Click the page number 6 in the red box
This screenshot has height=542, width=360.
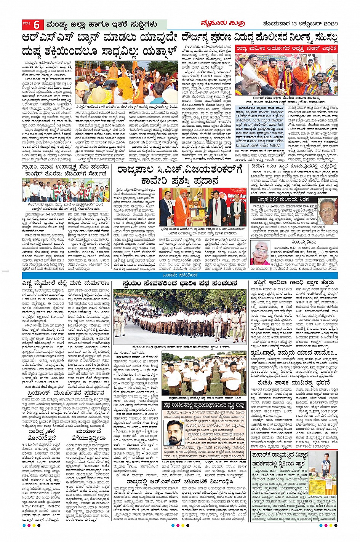pos(37,24)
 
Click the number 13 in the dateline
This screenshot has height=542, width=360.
pos(291,24)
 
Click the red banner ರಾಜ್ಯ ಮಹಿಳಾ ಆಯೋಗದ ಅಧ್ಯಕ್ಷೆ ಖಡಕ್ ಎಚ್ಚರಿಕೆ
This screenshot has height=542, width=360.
pos(286,49)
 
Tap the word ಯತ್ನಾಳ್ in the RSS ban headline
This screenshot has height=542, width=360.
pos(156,51)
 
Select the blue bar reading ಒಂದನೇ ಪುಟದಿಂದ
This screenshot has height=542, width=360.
pos(180,275)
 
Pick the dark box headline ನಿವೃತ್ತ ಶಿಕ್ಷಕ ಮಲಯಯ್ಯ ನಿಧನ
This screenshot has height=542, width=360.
pos(283,199)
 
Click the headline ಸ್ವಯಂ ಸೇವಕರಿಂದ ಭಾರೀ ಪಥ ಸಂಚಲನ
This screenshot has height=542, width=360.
pos(180,284)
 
